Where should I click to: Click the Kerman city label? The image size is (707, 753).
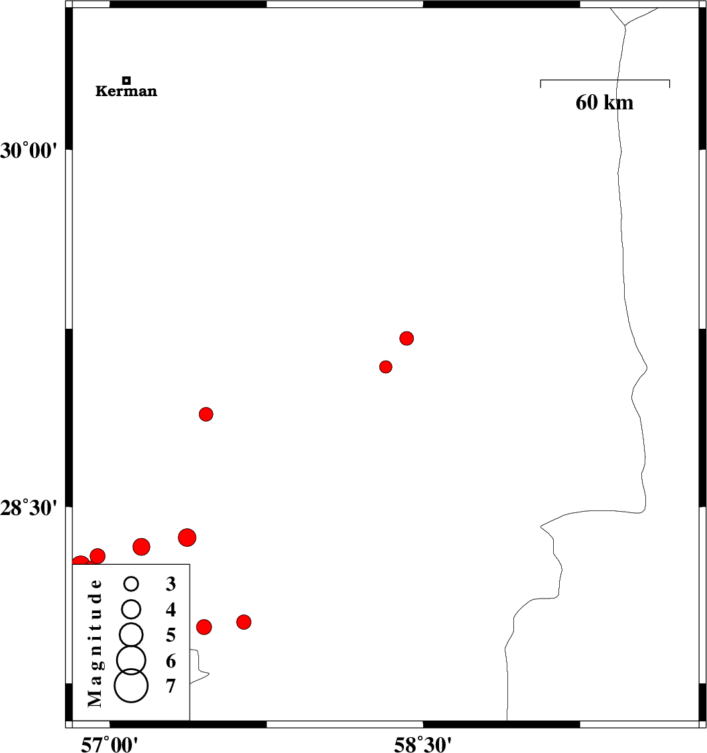[x=127, y=91]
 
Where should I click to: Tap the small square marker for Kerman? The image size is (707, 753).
[x=127, y=80]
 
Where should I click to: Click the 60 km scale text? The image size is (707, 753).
[x=604, y=103]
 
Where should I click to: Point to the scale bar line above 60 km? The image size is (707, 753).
[x=605, y=80]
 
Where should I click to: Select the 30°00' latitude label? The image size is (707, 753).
[x=29, y=151]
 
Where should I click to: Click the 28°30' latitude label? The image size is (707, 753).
[x=29, y=508]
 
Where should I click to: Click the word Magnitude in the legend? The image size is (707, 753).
[x=96, y=642]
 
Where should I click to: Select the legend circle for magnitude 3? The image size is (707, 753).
[x=131, y=583]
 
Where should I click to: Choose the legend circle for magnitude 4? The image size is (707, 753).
[x=131, y=608]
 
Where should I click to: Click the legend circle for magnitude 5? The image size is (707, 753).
[x=131, y=634]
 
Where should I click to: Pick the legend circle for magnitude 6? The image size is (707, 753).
[x=131, y=659]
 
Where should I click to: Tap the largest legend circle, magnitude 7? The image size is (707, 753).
[x=131, y=685]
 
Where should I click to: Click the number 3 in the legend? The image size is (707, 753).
[x=171, y=584]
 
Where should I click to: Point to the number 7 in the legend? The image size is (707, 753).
[x=171, y=686]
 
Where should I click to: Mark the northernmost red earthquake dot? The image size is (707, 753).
[x=407, y=338]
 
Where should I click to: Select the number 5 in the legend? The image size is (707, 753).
[x=171, y=636]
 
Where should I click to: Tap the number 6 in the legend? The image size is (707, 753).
[x=171, y=661]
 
